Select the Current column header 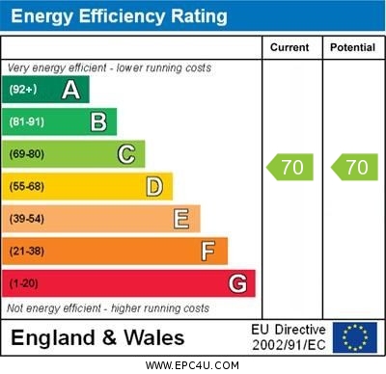[289, 47]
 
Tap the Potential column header [352, 47]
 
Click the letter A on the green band [70, 90]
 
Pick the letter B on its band [98, 121]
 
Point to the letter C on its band [126, 154]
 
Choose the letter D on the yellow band [154, 186]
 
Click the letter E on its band [181, 219]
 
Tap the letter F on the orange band [208, 252]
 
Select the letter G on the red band [237, 283]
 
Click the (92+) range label [23, 90]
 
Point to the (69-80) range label [27, 154]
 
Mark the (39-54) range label [27, 219]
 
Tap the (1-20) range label [24, 284]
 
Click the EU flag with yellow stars [355, 337]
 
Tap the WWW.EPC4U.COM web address [193, 365]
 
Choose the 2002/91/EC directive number [289, 345]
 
